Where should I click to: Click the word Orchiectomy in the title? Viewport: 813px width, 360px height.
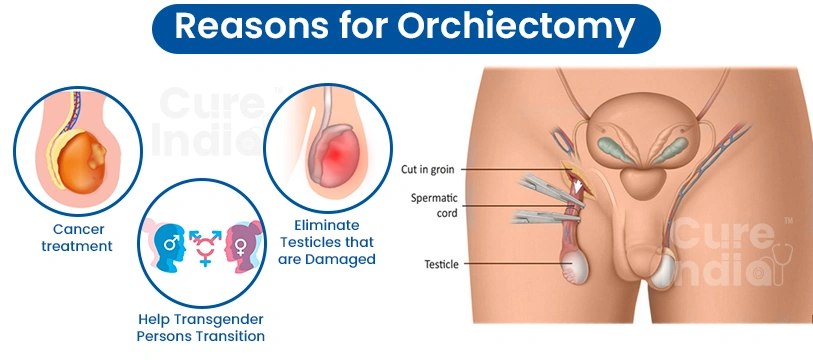516,27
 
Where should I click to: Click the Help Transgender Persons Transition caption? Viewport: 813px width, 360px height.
201,326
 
